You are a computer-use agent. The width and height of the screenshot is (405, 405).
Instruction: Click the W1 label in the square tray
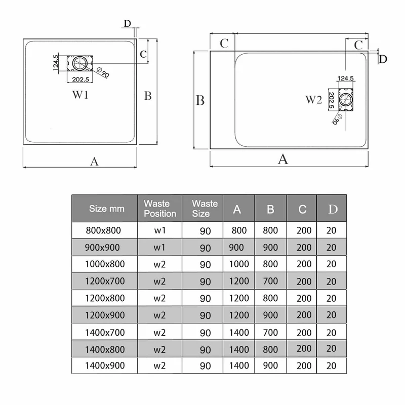coord(80,95)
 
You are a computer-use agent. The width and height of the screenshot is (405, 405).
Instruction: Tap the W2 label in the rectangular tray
coord(313,99)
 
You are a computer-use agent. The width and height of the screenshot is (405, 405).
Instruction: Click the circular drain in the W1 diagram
coord(80,63)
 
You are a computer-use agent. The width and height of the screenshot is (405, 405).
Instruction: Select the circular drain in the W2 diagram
coord(346,99)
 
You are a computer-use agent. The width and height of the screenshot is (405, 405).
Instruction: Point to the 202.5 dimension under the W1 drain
coord(80,79)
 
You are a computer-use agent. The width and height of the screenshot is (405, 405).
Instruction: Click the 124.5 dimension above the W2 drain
coord(346,78)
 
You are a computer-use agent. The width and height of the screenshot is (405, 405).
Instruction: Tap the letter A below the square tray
coord(94,161)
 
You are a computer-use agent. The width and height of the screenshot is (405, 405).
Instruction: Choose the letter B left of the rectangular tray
coord(200,100)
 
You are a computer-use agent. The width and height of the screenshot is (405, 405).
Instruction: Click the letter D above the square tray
coord(128,23)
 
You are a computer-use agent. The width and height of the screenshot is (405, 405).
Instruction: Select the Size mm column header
coord(107,209)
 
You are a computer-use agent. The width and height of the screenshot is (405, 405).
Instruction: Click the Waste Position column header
coord(160,209)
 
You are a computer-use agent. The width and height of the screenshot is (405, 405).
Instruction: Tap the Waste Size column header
coord(205,209)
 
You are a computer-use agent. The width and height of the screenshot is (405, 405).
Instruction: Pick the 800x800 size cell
coord(103,230)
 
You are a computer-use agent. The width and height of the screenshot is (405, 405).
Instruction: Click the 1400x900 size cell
coord(105,366)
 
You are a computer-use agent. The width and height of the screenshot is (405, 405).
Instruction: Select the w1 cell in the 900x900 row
coord(159,248)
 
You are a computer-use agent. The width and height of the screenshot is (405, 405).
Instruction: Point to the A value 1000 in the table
coord(239,264)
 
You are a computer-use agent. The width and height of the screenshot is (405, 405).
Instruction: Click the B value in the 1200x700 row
coord(270,281)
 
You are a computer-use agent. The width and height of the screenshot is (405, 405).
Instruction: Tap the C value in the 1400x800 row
coord(304,348)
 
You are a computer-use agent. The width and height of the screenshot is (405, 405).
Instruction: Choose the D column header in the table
coord(333,209)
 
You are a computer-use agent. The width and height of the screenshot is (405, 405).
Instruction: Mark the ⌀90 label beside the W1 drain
coord(103,72)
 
